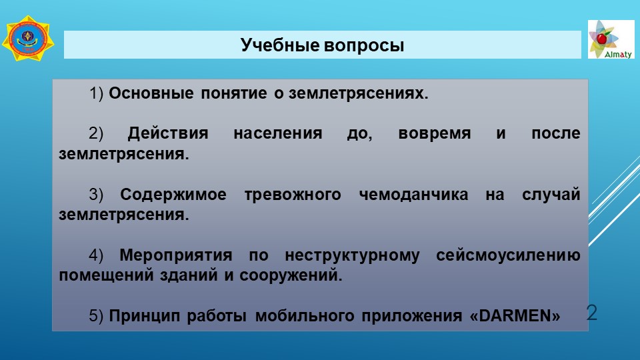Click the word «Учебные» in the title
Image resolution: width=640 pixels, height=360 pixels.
(279, 45)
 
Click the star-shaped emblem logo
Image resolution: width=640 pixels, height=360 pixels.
(28, 39)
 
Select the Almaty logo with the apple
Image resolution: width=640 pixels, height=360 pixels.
(611, 39)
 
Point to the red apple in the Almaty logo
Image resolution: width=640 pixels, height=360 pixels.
(601, 39)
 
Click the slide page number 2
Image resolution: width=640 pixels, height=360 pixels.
(592, 313)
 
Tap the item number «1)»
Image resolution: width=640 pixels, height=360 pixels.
(96, 93)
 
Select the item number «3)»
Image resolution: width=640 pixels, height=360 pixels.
(96, 195)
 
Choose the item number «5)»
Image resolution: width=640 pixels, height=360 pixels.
(96, 316)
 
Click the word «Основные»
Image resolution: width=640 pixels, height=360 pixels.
(151, 93)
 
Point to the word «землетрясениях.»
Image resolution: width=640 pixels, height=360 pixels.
(359, 94)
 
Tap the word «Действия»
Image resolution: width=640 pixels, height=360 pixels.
(168, 133)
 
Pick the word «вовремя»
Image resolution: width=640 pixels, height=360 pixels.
(434, 134)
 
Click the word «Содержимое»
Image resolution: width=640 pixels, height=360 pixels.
(173, 195)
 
